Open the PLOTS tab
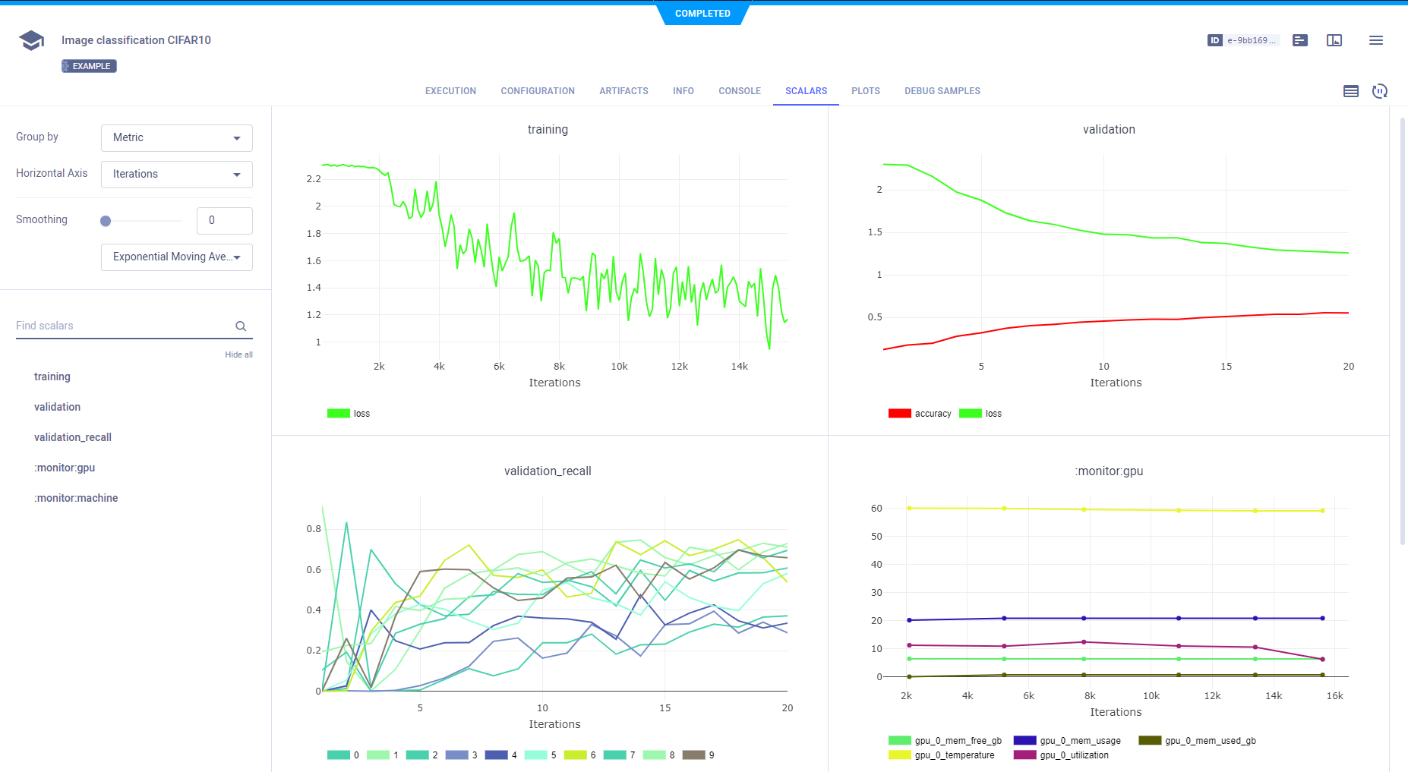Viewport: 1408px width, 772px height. pyautogui.click(x=865, y=91)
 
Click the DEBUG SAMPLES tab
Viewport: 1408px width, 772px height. pyautogui.click(x=942, y=91)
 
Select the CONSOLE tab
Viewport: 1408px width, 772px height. pyautogui.click(x=739, y=91)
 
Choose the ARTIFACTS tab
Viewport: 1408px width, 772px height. pyautogui.click(x=623, y=91)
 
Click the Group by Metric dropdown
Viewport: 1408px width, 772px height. pyautogui.click(x=176, y=138)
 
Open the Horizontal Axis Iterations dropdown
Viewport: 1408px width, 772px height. pyautogui.click(x=176, y=175)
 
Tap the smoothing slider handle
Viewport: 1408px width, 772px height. pyautogui.click(x=106, y=221)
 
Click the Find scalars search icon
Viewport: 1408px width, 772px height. pyautogui.click(x=241, y=326)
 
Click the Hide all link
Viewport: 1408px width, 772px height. pyautogui.click(x=238, y=354)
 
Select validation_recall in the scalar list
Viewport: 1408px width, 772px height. pyautogui.click(x=73, y=437)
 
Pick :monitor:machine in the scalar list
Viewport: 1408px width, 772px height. pyautogui.click(x=76, y=498)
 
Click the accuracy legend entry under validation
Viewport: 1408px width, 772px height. pyautogui.click(x=920, y=414)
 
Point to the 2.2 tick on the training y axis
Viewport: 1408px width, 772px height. pyautogui.click(x=314, y=179)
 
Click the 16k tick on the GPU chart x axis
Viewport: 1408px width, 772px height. pyautogui.click(x=1334, y=696)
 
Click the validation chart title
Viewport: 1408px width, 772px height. pyautogui.click(x=1109, y=130)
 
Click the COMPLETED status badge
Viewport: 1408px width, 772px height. pyautogui.click(x=702, y=14)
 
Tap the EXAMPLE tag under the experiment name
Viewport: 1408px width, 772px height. pyautogui.click(x=89, y=66)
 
